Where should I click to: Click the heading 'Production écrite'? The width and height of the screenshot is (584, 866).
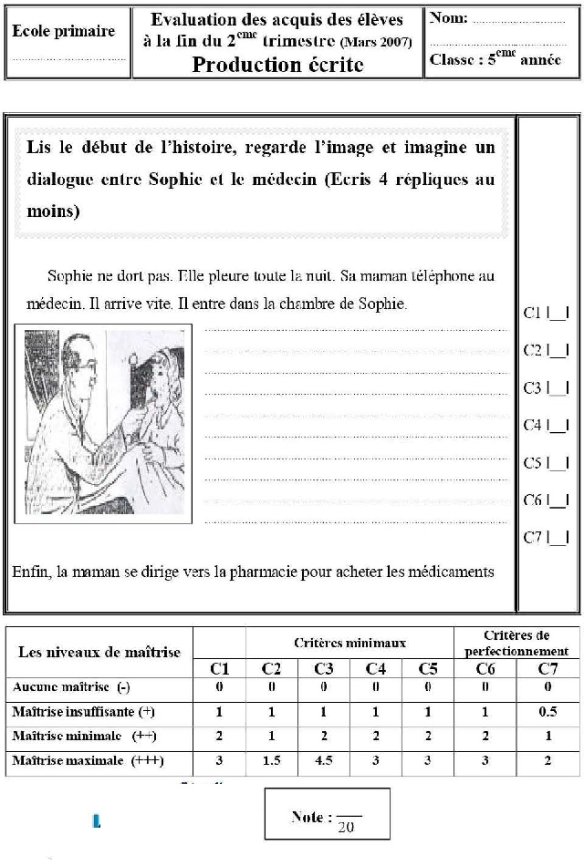click(x=277, y=65)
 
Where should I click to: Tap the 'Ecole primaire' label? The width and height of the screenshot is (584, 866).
click(x=63, y=31)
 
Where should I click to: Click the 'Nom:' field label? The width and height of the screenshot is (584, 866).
click(x=449, y=17)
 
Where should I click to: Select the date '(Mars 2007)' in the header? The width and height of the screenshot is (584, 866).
click(x=375, y=42)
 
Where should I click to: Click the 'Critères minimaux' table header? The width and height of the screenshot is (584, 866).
click(x=349, y=643)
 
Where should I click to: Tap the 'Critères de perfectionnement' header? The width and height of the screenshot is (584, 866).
click(x=516, y=643)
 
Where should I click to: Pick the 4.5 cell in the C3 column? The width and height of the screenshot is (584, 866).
click(x=324, y=760)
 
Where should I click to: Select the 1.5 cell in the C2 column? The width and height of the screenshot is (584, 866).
click(x=272, y=760)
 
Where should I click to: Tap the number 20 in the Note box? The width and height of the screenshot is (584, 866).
click(x=346, y=828)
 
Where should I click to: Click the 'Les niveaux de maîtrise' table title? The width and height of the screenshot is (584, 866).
click(x=99, y=652)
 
